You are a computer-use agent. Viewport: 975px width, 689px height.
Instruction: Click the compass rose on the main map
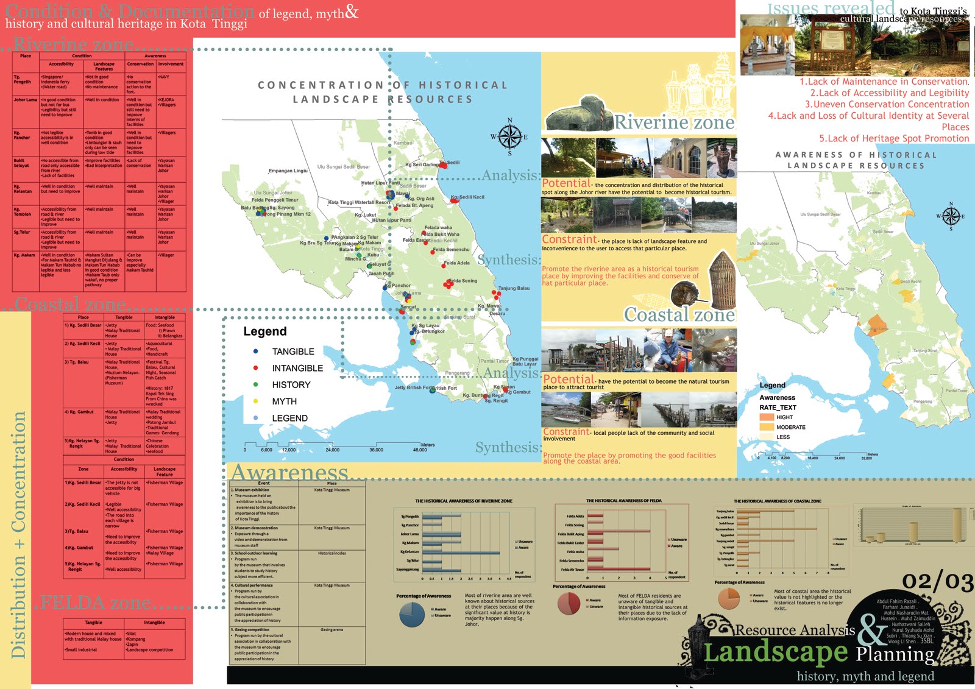point(510,137)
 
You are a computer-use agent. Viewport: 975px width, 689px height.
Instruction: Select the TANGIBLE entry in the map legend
point(292,352)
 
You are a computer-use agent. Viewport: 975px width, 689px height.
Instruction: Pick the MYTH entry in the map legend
point(284,401)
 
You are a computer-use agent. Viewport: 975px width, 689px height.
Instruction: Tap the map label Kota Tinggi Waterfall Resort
point(359,202)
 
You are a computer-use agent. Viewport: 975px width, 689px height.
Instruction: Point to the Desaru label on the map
point(497,313)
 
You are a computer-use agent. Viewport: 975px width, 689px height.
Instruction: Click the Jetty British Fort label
point(425,387)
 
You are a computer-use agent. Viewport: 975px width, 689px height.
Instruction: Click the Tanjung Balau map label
point(514,288)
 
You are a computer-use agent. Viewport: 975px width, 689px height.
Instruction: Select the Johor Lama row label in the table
point(25,100)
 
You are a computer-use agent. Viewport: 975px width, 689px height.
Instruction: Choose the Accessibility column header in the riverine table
point(61,64)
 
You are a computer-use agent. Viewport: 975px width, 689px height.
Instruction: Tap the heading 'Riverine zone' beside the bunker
point(674,122)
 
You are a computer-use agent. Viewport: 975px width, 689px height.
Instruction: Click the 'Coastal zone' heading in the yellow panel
point(679,315)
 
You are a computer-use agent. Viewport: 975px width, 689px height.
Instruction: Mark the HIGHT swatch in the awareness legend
point(766,417)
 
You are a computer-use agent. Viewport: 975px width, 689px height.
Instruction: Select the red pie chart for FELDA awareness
point(569,603)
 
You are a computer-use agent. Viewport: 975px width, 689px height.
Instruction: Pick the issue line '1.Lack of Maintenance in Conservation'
point(884,82)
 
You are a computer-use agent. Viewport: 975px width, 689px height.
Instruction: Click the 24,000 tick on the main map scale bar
point(332,450)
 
